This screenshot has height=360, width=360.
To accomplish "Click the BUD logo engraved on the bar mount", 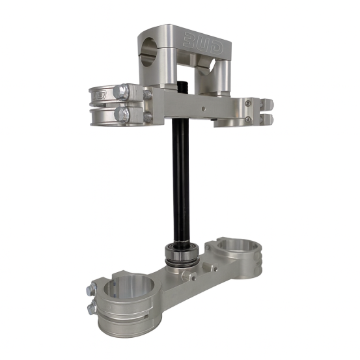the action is click(x=203, y=44).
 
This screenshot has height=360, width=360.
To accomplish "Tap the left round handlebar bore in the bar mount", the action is click(x=148, y=51).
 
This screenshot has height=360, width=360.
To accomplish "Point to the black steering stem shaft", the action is click(x=181, y=182).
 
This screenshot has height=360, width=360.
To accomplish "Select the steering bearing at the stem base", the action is click(x=182, y=254).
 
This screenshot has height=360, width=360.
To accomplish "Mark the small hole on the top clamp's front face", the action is click(x=202, y=108).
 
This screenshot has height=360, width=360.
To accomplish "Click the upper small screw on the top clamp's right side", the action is click(x=247, y=103).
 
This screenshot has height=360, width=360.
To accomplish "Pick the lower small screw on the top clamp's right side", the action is click(x=247, y=118).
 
